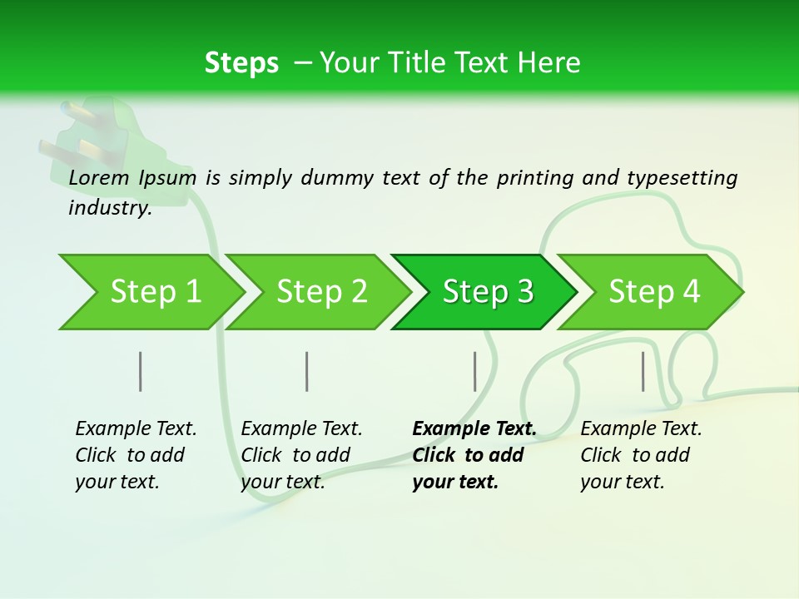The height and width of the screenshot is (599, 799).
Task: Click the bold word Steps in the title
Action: pyautogui.click(x=241, y=63)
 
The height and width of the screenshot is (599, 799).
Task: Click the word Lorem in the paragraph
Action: pyautogui.click(x=99, y=177)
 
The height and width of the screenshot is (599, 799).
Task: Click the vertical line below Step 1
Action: pyautogui.click(x=141, y=371)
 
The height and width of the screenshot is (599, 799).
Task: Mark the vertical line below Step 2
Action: pyautogui.click(x=307, y=371)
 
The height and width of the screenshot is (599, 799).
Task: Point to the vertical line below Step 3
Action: pyautogui.click(x=474, y=371)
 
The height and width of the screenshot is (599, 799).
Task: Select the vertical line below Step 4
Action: pyautogui.click(x=643, y=371)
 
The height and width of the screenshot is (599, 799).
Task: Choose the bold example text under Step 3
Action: pyautogui.click(x=474, y=455)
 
